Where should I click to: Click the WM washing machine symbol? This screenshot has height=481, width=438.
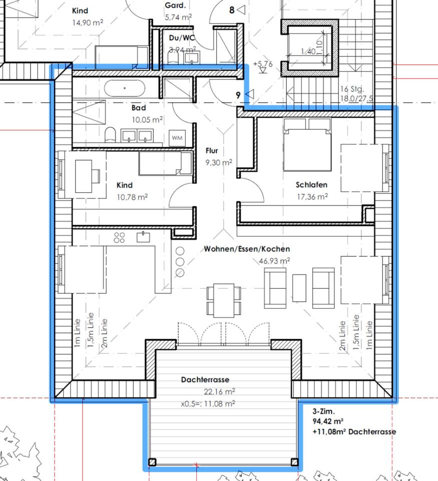177,138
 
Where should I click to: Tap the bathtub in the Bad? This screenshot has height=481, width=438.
125,88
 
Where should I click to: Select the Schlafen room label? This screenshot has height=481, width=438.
311,185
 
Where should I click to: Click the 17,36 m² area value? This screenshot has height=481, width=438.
312,196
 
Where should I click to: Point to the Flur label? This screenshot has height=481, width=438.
212,151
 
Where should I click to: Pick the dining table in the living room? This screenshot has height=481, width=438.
224,301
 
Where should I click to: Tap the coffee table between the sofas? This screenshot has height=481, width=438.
299,288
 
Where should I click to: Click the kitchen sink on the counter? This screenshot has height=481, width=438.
143,237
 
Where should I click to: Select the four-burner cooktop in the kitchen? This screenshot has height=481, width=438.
119,237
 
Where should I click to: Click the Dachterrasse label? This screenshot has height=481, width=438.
205,380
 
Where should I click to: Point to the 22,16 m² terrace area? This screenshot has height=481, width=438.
219,392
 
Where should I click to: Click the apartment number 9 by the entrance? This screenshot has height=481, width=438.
238,95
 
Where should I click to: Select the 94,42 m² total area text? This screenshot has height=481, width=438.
328,421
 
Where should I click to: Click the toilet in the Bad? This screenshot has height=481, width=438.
110,135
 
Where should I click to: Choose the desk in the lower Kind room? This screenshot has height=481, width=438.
84,176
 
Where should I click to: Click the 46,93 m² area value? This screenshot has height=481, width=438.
274,261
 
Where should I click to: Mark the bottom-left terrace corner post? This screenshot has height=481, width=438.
152,462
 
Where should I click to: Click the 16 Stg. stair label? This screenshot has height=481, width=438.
352,89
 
